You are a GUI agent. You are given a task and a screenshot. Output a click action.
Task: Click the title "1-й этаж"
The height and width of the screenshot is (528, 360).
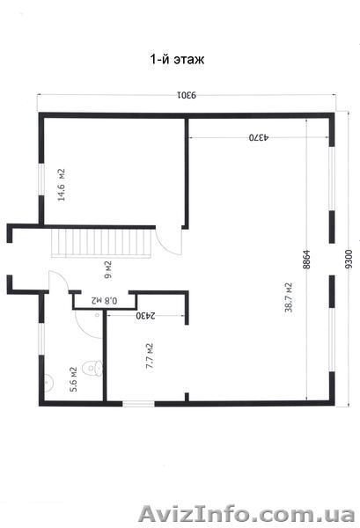tap(177, 60)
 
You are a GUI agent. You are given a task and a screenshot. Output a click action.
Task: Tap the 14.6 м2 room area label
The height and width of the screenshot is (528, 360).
tap(62, 185)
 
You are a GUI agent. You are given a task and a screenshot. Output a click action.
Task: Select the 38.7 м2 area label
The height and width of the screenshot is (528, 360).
tap(289, 297)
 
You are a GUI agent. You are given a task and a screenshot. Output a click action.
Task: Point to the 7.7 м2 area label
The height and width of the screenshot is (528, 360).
tap(150, 356)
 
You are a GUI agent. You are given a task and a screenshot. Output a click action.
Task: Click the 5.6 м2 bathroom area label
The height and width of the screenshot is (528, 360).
tap(74, 379)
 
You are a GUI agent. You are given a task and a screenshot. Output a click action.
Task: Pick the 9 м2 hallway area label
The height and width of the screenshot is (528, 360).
tap(108, 270)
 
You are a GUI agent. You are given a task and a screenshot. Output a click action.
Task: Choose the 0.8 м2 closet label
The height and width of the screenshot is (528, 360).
tap(105, 300)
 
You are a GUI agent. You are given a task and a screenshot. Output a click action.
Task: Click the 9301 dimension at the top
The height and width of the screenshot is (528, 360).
tap(187, 95)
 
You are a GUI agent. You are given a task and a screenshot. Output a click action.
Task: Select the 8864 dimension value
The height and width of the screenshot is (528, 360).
tap(306, 259)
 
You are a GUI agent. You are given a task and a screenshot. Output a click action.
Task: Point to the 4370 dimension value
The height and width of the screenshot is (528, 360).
tap(259, 137)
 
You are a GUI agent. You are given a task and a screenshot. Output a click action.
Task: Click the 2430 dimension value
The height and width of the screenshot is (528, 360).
tap(146, 316)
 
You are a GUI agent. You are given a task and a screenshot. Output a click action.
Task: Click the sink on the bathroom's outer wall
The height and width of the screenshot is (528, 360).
tap(48, 383)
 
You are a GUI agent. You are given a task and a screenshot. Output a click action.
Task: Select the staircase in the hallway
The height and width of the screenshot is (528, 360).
tap(100, 243)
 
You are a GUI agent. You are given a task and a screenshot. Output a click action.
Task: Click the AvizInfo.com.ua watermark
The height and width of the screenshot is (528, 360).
tap(246, 514)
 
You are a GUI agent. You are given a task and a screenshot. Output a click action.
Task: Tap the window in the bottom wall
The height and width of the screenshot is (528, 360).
tap(138, 403)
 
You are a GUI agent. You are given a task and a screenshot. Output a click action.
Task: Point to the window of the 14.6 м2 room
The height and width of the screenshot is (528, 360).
tap(41, 180)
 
